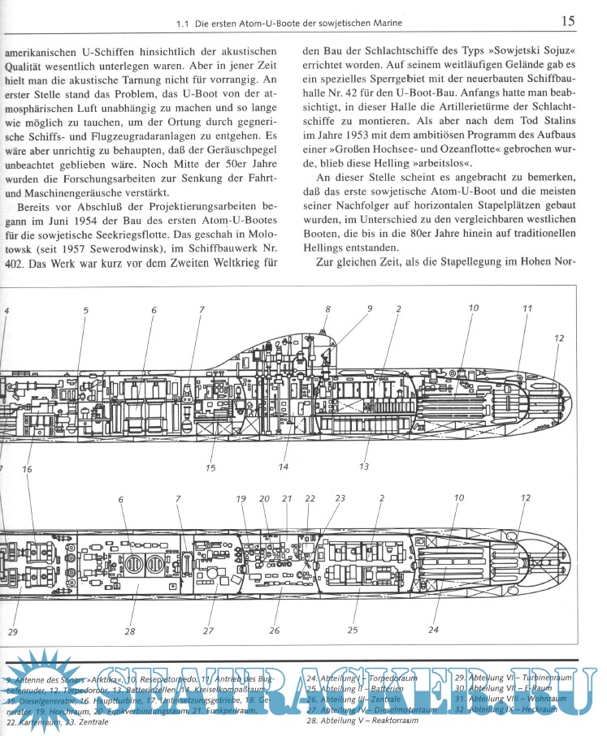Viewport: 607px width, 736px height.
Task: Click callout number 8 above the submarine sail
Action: click(327, 309)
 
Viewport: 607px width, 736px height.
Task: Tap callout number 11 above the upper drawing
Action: click(527, 308)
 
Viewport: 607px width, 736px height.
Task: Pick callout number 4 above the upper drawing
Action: click(7, 311)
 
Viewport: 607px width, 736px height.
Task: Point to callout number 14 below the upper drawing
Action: click(284, 467)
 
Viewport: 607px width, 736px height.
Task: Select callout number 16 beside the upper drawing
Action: click(27, 469)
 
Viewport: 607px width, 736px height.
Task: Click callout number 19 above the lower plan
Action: click(241, 498)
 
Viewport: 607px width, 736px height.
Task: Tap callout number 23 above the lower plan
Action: click(340, 498)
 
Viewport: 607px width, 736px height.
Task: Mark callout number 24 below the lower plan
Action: click(433, 630)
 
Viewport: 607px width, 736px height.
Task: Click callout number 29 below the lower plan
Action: click(12, 631)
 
